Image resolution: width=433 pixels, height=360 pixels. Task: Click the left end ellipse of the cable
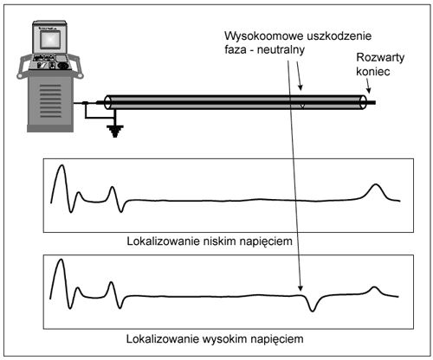coord(108,102)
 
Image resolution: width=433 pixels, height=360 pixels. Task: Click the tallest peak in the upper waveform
coord(59,169)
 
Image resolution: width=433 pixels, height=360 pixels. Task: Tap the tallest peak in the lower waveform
coord(59,264)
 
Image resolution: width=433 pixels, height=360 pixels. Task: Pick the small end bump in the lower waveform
coord(374,288)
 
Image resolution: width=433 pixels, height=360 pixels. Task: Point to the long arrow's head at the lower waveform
coord(301,292)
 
